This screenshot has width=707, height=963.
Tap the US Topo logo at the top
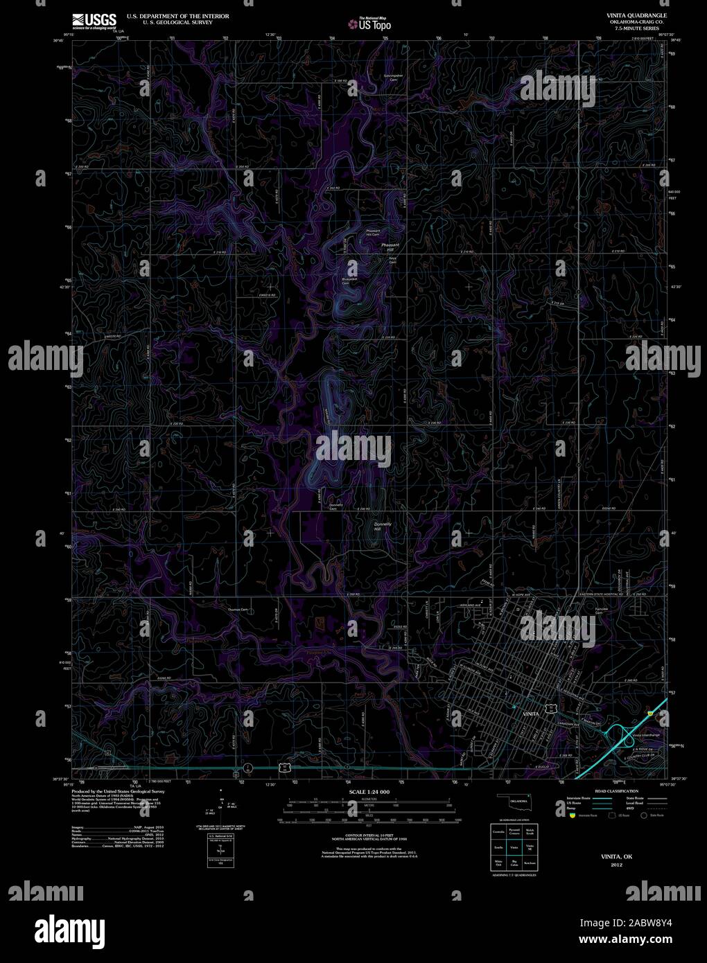[x=369, y=25]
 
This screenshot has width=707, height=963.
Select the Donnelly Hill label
[x=383, y=527]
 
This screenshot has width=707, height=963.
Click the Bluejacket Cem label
[x=351, y=280]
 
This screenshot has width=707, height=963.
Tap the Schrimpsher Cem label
[x=393, y=78]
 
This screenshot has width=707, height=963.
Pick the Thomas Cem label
[x=238, y=610]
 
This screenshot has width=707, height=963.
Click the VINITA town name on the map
[x=531, y=712]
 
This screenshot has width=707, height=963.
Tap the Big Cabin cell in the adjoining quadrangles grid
[x=514, y=865]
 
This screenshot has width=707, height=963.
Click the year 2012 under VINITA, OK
[x=617, y=865]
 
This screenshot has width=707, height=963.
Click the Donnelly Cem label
[x=336, y=506]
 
